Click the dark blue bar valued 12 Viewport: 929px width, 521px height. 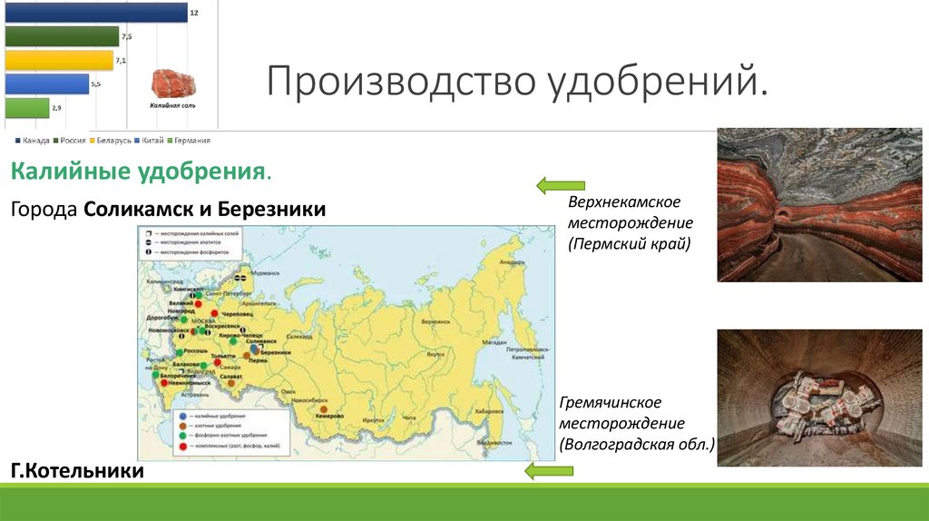click(x=95, y=13)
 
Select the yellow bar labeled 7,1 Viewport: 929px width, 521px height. click(x=59, y=60)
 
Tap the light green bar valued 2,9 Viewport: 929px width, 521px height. click(x=27, y=107)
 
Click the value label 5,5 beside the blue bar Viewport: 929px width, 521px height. click(x=96, y=84)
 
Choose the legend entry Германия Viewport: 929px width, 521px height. click(x=191, y=141)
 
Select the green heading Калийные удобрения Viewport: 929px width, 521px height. click(x=141, y=171)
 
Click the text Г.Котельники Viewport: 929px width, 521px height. click(x=77, y=472)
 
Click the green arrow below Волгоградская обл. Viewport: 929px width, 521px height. click(x=550, y=469)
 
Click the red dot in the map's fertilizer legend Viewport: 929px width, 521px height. click(x=181, y=448)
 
